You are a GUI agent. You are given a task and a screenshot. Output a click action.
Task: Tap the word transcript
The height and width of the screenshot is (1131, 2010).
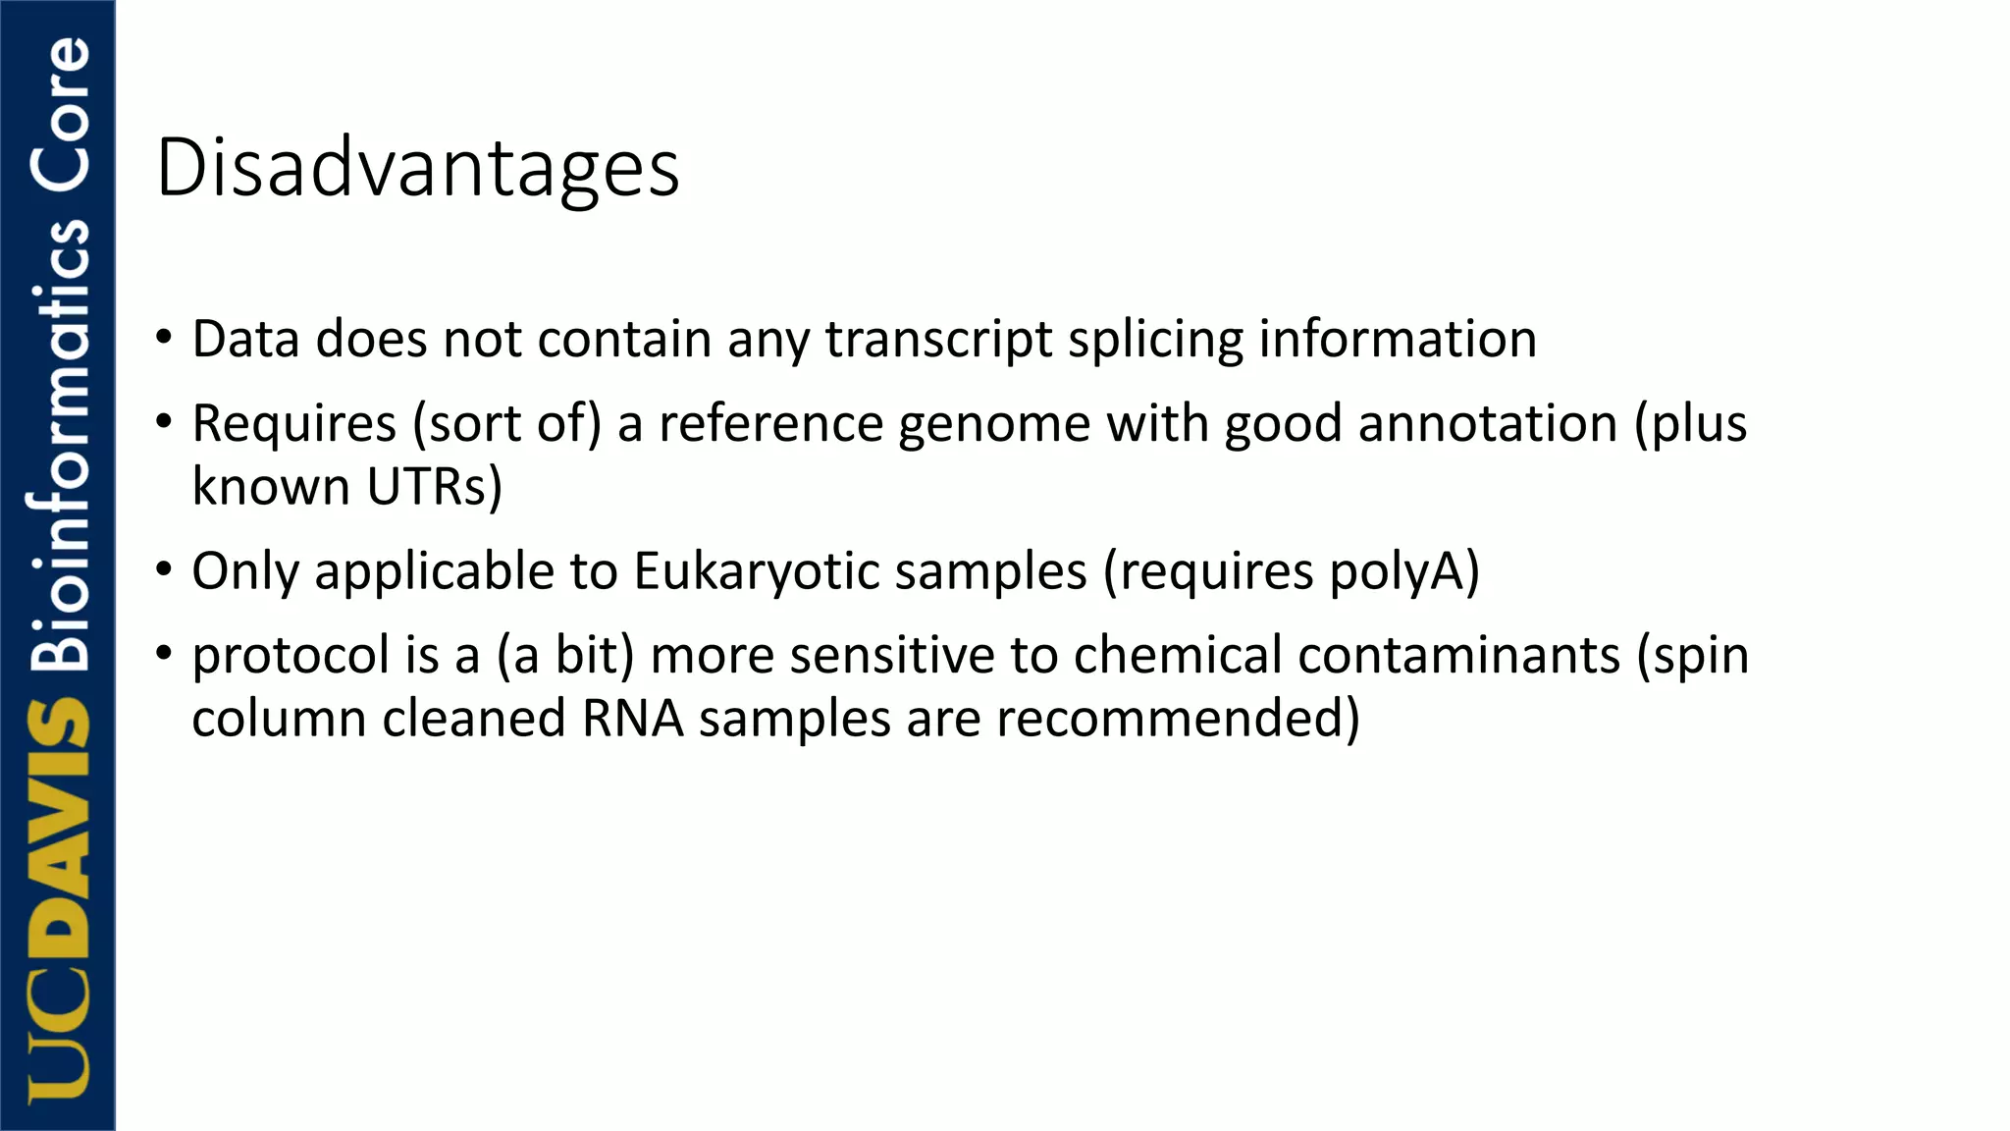click(938, 341)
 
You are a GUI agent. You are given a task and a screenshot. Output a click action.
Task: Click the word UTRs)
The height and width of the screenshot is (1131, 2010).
click(434, 487)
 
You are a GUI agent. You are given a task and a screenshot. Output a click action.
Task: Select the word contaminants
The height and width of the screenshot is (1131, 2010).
click(1347, 655)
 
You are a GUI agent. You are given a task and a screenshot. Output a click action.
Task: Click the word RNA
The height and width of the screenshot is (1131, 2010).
click(632, 719)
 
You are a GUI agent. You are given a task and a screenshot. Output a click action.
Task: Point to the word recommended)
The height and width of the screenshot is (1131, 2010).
click(1178, 719)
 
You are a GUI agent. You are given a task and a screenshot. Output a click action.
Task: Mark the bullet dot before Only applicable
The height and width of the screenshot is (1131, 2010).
click(164, 569)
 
